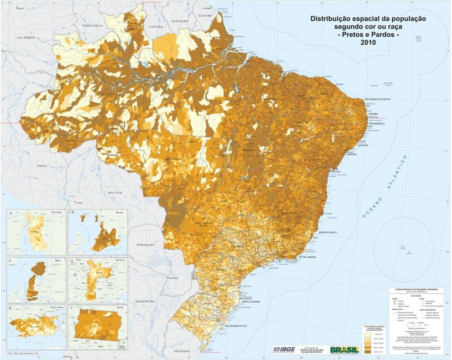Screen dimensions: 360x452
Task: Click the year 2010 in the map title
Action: point(367,42)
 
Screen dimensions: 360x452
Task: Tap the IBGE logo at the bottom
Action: point(285,349)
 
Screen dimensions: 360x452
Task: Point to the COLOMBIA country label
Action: point(26,37)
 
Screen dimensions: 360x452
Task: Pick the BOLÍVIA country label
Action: point(115,192)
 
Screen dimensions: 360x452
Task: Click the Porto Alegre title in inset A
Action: point(56,213)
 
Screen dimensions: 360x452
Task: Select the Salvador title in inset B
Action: point(119,213)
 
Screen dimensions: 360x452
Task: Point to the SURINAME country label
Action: point(180,22)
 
